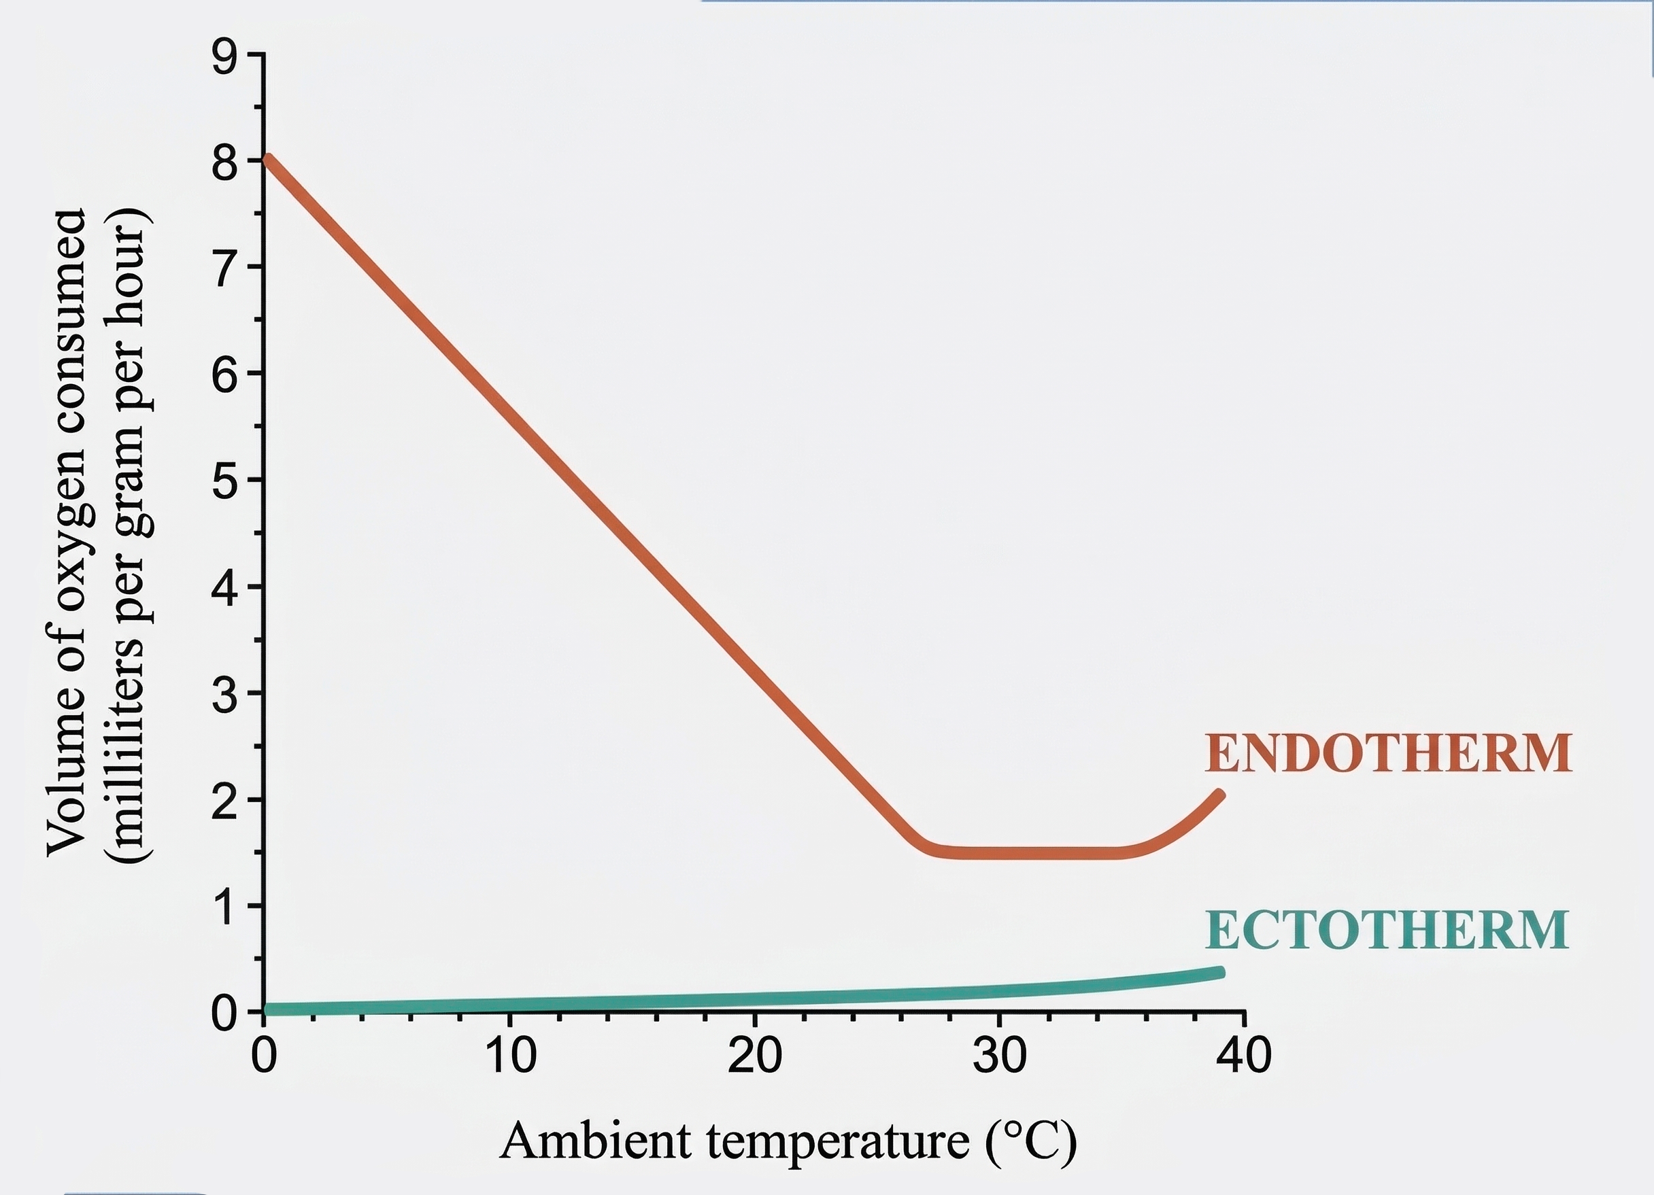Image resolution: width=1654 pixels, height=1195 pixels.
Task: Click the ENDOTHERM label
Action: click(x=1388, y=753)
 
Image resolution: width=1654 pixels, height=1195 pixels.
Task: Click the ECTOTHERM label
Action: click(x=1386, y=931)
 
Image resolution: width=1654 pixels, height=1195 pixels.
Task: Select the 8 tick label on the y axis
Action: click(x=224, y=163)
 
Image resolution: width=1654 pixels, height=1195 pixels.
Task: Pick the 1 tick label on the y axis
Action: click(x=224, y=908)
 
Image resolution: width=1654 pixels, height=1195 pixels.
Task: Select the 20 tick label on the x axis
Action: click(x=755, y=1055)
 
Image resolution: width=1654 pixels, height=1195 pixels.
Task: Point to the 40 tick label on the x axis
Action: click(x=1244, y=1055)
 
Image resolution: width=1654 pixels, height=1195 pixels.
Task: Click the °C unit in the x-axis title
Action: click(x=1030, y=1141)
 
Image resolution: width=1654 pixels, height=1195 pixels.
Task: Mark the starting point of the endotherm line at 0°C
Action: click(x=268, y=160)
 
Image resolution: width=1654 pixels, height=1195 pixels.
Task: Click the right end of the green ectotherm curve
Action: click(x=1219, y=973)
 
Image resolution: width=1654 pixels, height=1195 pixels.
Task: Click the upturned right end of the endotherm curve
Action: click(x=1219, y=795)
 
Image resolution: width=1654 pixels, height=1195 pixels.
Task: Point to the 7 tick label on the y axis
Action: click(x=224, y=269)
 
